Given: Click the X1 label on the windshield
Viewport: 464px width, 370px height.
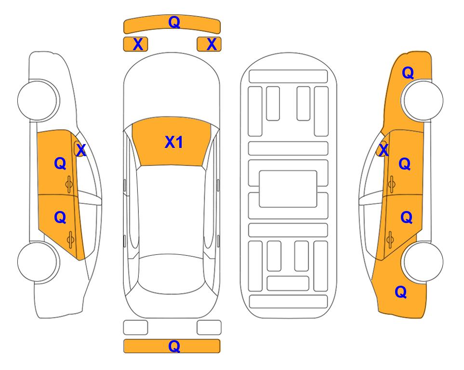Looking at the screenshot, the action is point(174,142).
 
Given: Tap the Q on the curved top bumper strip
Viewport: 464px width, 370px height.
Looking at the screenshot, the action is point(174,22).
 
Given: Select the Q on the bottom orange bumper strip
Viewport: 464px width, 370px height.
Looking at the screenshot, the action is point(174,346).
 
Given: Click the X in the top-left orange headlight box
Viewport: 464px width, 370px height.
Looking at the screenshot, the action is point(138,44).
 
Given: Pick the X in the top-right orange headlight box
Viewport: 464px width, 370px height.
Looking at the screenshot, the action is point(212,44).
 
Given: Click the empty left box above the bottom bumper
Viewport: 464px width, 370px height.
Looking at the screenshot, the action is point(135,328).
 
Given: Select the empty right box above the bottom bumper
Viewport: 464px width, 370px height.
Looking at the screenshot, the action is point(209,328).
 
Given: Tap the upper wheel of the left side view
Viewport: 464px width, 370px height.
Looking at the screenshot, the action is point(38,100).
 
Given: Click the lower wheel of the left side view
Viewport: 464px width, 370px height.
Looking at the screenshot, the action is point(38,262).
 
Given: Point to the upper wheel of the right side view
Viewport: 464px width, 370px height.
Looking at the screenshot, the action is point(423,100).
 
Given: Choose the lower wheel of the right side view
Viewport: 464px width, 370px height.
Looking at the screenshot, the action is point(423,262).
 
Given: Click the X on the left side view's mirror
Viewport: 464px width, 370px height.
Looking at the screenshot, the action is point(80,150).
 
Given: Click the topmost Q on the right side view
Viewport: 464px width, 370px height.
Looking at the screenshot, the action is point(408,73).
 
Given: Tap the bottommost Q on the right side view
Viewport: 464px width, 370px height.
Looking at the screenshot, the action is point(401,292).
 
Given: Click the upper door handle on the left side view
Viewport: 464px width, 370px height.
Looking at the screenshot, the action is point(69,184).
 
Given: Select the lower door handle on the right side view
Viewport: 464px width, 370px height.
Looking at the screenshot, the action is point(390,239).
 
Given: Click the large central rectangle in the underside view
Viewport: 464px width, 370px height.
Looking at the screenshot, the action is point(288,189).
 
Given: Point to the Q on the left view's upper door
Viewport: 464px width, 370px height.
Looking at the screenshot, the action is point(60,163).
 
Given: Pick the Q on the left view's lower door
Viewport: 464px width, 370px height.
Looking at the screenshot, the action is point(60,218).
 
